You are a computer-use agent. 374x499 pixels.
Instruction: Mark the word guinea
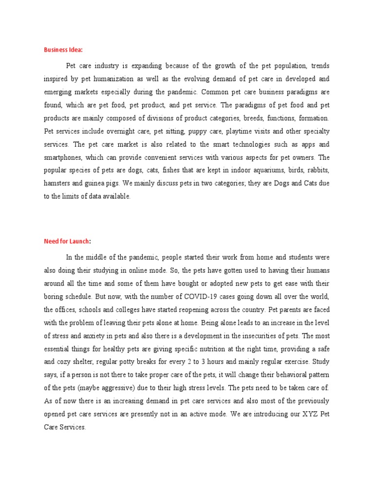(x=106, y=183)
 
